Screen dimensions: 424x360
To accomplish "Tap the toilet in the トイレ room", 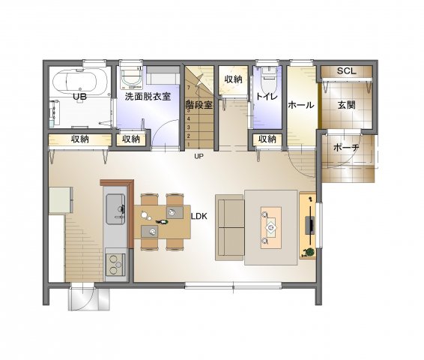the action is coord(268,81).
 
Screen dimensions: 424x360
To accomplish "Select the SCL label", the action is coord(346,71).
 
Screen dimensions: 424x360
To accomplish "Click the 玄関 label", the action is coord(346,105).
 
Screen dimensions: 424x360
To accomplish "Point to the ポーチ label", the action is coord(346,148).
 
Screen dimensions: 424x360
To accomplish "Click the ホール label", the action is coord(301,105).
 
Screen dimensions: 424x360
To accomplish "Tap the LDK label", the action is coord(199,216).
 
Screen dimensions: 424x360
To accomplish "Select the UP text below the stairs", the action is coord(199,156).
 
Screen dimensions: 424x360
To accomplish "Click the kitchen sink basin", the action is coord(115,209).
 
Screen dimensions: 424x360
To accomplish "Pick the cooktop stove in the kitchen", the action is coord(115,265).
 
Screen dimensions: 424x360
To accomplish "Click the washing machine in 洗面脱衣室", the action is coord(131,78).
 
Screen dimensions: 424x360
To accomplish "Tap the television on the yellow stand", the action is coord(310,225).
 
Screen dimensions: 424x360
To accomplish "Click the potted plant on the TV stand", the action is coord(309,252).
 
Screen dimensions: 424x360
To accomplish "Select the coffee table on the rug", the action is coord(271,228).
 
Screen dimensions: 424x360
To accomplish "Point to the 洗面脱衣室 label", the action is coord(148,97).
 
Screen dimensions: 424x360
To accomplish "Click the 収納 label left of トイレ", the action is coord(233,79).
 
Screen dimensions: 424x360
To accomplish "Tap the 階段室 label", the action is coord(199,105).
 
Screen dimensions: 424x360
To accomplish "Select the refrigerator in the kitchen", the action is coord(61,200).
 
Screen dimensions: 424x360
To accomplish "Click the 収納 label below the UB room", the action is coord(79,139).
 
